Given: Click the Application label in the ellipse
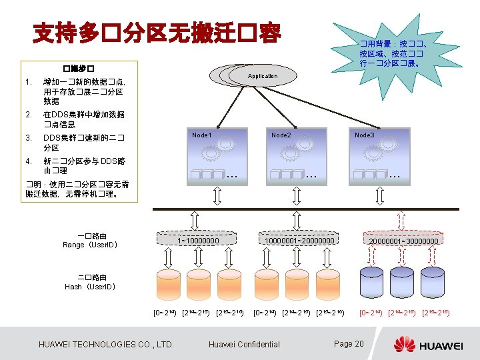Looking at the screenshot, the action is tap(263, 76).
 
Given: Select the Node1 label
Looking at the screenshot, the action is tap(202, 135).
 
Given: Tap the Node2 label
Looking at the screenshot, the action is tap(281, 135).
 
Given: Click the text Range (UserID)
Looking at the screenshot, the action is tap(91, 245).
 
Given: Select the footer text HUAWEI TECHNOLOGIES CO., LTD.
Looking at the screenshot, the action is tap(107, 344).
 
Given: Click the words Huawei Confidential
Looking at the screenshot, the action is tap(244, 344).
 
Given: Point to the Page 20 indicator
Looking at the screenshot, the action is tap(349, 343).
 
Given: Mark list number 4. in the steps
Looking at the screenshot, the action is tap(27, 161).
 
